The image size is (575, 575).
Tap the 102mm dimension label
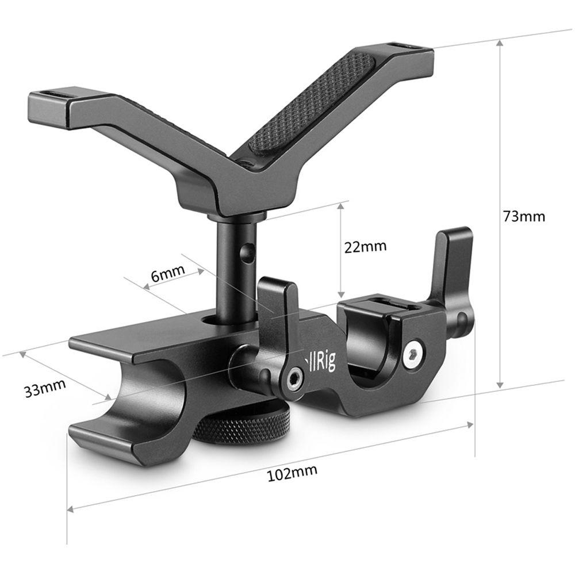293,473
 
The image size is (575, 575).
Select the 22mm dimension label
365,247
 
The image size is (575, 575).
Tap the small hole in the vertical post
248,251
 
